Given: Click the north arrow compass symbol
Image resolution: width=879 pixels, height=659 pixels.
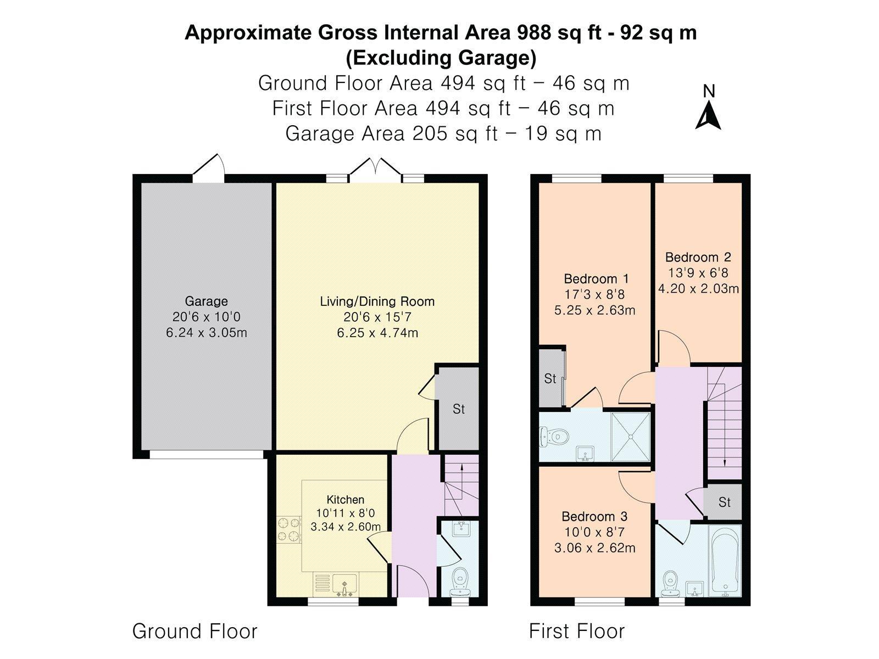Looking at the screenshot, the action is coord(708,115).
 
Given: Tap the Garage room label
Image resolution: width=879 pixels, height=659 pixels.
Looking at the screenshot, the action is coord(206,301).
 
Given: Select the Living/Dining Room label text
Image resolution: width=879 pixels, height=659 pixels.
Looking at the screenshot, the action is coord(377,301).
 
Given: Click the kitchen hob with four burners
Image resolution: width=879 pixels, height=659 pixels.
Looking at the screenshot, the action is coord(289,529).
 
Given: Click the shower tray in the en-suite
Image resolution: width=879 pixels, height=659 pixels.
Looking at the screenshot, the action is coord(630,437).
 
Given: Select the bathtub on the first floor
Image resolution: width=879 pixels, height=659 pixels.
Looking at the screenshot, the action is coord(725,561).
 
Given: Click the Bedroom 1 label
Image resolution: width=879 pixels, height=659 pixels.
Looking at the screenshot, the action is coord(596,278).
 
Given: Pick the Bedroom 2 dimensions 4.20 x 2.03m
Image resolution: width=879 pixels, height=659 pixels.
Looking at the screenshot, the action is coord(698,288).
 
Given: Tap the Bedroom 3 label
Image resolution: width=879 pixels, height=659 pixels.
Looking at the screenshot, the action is coord(594,516).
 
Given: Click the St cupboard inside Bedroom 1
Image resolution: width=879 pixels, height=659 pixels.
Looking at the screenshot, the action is coord(550,378).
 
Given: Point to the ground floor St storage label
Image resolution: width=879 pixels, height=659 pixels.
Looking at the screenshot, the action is coord(459,409).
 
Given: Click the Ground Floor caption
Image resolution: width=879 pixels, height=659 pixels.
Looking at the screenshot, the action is coord(194,631).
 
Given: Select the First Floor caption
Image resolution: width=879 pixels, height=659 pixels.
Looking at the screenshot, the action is coord(577,631).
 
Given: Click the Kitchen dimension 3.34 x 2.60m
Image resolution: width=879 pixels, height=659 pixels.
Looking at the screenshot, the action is coord(346,527).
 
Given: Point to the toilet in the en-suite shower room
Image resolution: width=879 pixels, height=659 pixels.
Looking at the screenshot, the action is coord(554,437).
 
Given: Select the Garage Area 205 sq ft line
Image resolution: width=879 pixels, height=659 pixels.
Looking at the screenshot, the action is coord(443,133).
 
